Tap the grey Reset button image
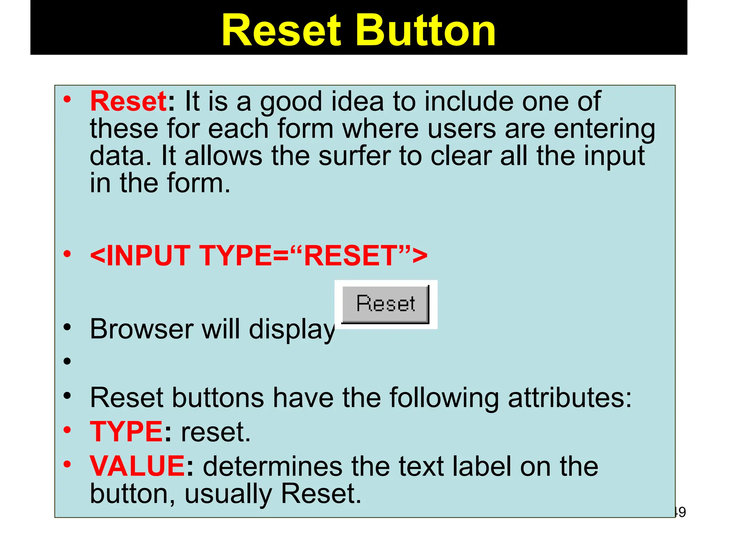point(385,304)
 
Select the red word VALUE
point(137,466)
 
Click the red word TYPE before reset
point(126,432)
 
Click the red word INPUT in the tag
point(148,255)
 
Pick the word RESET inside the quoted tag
point(351,255)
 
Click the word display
point(292,330)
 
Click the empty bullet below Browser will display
point(67,361)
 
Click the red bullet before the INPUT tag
point(67,254)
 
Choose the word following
point(444,398)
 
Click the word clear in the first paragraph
point(461,156)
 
